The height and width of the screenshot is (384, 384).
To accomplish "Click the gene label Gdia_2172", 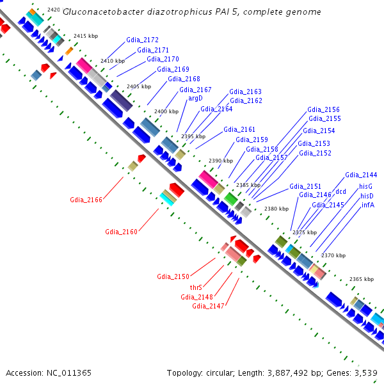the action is [x=142, y=40].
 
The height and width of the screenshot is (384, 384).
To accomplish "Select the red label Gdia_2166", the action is [x=86, y=200].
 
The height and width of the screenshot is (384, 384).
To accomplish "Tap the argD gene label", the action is [x=195, y=98].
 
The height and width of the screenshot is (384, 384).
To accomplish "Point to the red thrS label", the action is [x=196, y=287].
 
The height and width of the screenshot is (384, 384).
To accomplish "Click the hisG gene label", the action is [x=365, y=187].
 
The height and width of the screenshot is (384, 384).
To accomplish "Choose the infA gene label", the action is [x=368, y=205].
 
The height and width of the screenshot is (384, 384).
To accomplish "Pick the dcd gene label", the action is [x=340, y=191].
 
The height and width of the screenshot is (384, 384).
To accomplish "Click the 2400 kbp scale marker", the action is [x=166, y=111].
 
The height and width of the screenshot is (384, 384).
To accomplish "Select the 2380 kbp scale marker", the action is [x=276, y=209].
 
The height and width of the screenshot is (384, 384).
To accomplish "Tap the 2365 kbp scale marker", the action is [x=362, y=279].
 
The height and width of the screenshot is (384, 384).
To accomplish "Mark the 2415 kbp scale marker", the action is [x=86, y=36].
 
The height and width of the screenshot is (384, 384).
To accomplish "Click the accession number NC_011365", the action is [x=69, y=373].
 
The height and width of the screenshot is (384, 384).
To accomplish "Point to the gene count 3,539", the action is [x=366, y=373].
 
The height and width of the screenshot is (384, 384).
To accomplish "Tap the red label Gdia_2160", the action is [x=121, y=232].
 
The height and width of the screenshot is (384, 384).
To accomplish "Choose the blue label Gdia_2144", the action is [x=361, y=175].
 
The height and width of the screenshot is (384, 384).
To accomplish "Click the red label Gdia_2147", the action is [x=208, y=306].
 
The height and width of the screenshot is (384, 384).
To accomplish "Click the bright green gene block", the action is [x=230, y=199].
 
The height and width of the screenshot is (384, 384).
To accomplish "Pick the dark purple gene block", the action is [x=121, y=100].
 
